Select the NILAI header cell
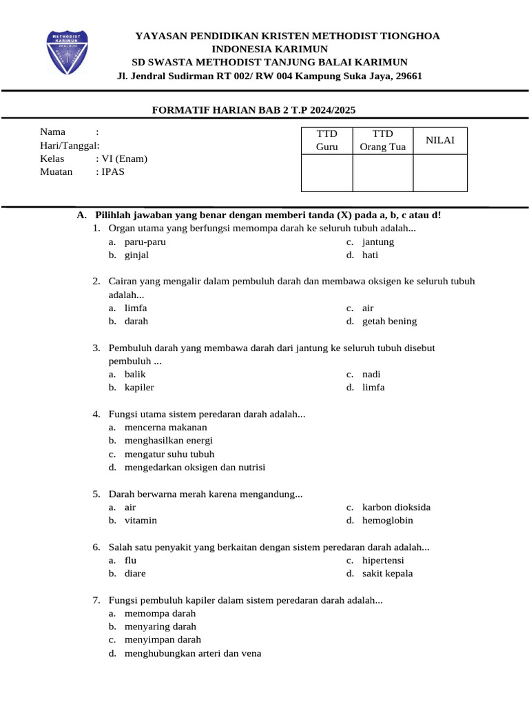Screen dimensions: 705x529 tap(440, 140)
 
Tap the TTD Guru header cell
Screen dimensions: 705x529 tap(327, 140)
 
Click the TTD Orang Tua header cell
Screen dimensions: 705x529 tap(383, 140)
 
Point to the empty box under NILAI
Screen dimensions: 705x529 tap(440, 173)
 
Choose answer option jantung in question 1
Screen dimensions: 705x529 tap(378, 242)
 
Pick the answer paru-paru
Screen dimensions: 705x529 tap(145, 242)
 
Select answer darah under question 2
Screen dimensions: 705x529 tap(136, 321)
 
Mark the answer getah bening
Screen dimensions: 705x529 tap(389, 321)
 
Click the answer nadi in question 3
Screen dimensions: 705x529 tap(371, 374)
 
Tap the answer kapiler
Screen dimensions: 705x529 tap(139, 387)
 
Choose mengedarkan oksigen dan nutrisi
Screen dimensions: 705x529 tap(194, 467)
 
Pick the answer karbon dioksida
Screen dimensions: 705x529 tap(396, 507)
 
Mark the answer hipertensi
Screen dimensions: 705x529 tap(383, 560)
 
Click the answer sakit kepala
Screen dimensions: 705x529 tap(387, 573)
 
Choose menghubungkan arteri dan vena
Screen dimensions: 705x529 tap(193, 653)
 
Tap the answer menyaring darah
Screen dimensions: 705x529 tap(160, 626)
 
